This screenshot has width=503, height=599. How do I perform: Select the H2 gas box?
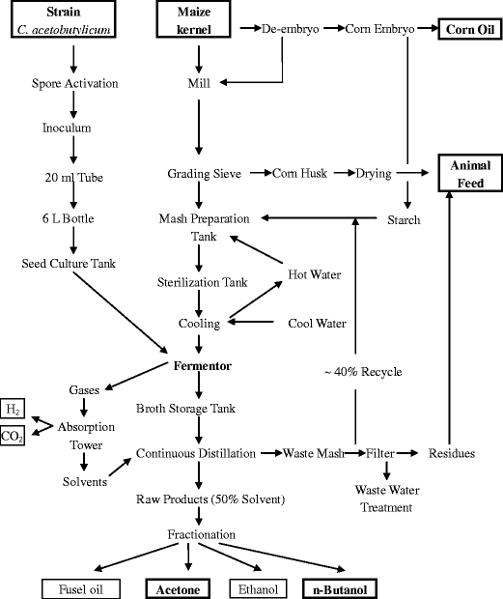click(x=14, y=410)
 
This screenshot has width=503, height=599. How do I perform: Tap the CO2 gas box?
click(x=14, y=437)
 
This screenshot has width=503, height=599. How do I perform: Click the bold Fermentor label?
click(x=199, y=367)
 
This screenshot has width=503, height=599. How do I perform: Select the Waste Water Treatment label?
click(x=388, y=499)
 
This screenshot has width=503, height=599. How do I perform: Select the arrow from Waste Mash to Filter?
click(x=353, y=453)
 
